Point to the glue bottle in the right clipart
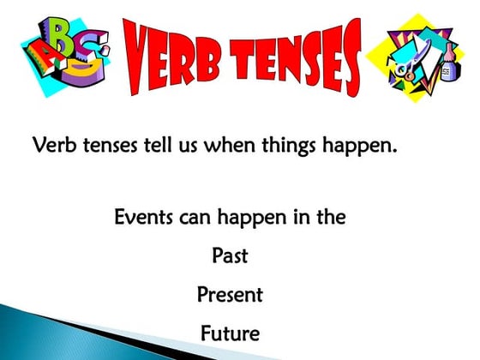(x=449, y=64)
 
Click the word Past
(x=229, y=255)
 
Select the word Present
(x=230, y=295)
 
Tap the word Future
(x=229, y=333)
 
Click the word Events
(x=142, y=217)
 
